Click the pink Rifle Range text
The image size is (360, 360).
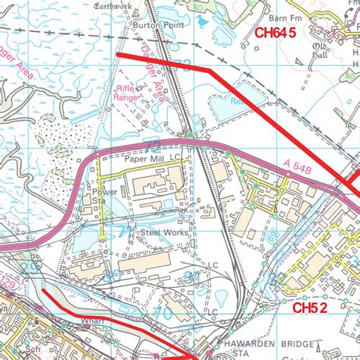[126, 92]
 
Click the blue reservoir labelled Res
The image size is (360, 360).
[237, 99]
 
